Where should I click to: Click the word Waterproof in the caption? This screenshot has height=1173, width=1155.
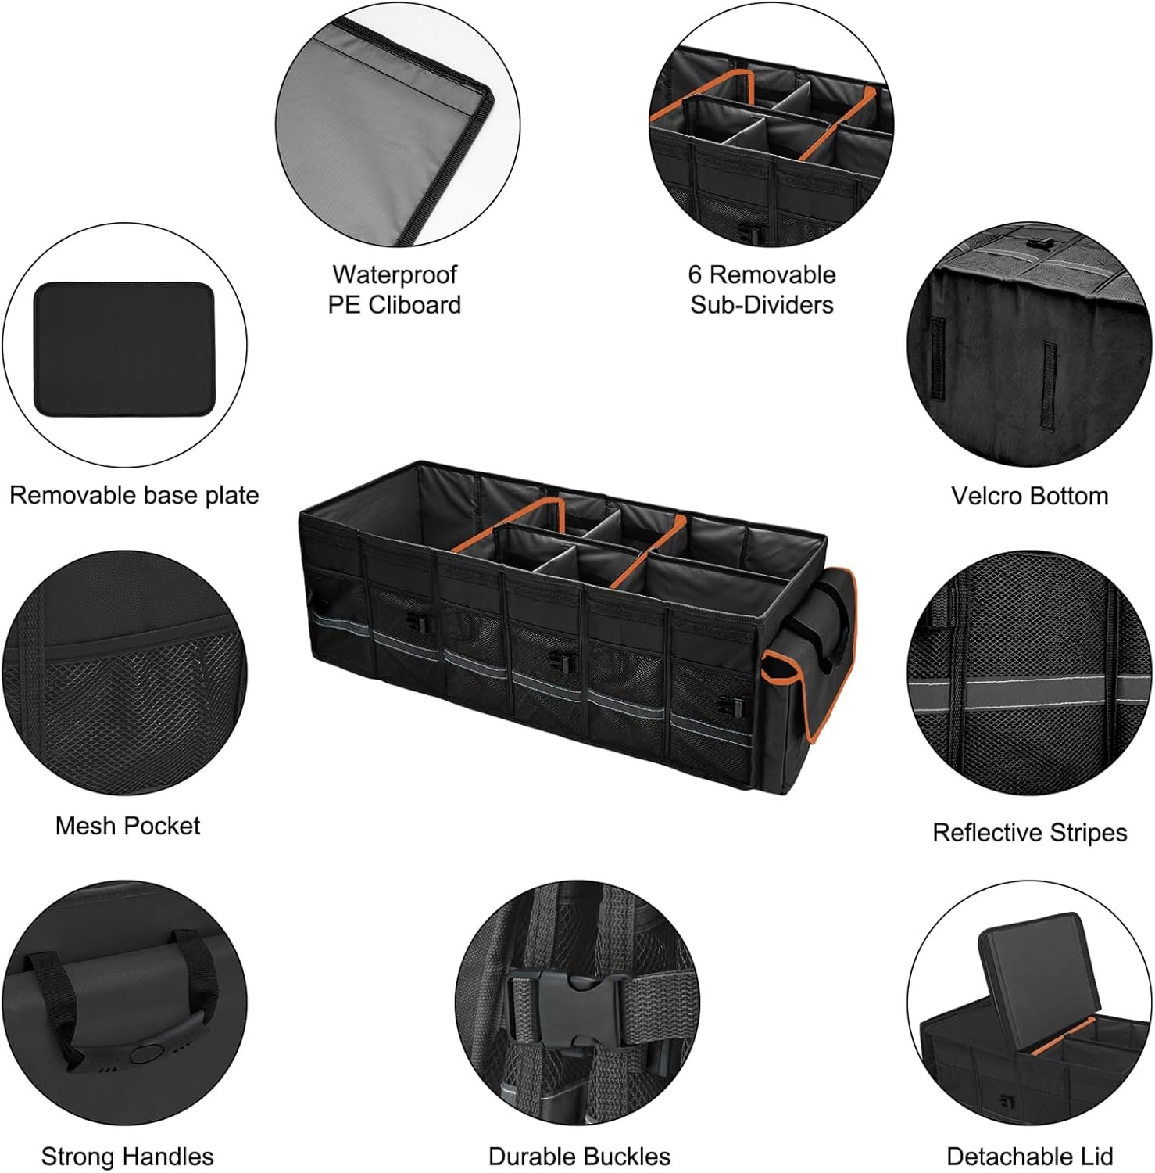(394, 274)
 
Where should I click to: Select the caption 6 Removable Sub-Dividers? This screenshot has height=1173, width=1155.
(761, 289)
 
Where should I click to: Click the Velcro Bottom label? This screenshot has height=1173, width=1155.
(1029, 496)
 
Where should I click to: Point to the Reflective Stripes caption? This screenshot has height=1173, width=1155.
(1029, 833)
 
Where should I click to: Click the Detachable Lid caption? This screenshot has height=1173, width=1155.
(1029, 1156)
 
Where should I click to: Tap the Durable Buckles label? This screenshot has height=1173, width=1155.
(579, 1156)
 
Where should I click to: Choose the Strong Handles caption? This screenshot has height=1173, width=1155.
(127, 1156)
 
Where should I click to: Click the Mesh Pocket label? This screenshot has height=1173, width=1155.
(127, 826)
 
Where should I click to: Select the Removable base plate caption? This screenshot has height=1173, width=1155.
(134, 496)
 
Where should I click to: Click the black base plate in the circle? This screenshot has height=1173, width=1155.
(124, 349)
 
